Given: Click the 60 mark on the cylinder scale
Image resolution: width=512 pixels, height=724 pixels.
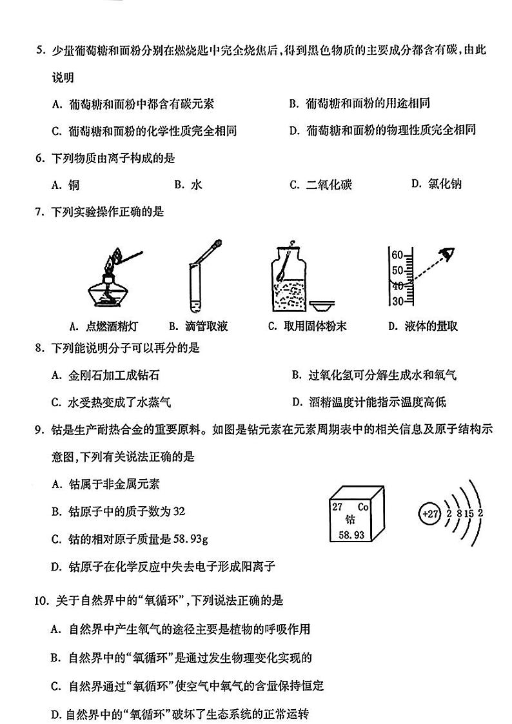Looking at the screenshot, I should point(397,253).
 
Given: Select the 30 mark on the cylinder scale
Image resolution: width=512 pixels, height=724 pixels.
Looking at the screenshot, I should point(397,301).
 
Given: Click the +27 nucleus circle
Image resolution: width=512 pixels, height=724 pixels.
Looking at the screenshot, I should point(429,514).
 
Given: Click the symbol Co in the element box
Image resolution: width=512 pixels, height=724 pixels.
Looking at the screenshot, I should point(362,506).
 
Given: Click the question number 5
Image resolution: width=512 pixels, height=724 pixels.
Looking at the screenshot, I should point(40,50).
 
